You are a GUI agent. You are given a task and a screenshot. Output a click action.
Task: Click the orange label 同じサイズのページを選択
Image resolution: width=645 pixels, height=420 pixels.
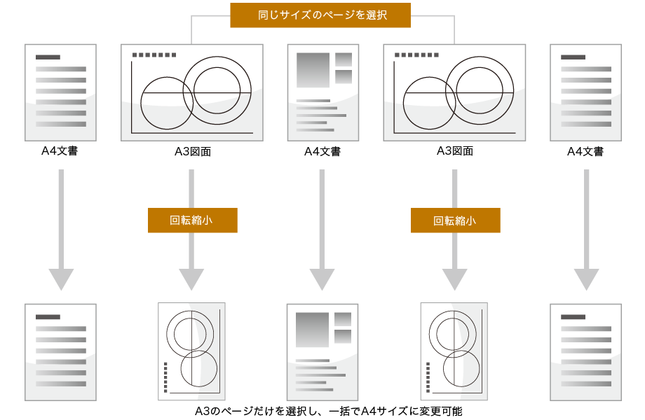[x=320, y=15]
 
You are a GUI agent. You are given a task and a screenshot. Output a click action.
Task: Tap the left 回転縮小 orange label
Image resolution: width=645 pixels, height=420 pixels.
[x=192, y=220]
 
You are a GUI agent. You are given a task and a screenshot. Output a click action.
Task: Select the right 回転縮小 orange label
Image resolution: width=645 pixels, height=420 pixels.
[x=455, y=220]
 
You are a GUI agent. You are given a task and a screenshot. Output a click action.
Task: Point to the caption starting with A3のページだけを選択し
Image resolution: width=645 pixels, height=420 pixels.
[x=328, y=412]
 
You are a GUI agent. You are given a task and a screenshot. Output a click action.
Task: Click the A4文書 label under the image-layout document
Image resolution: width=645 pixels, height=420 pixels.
[x=322, y=151]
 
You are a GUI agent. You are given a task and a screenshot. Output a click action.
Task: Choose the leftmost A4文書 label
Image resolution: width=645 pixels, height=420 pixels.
[x=60, y=150]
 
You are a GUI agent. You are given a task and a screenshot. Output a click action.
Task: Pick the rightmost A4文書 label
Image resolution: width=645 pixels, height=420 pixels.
[x=585, y=151]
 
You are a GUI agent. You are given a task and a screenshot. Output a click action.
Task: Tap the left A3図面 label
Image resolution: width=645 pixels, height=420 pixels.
[x=192, y=151]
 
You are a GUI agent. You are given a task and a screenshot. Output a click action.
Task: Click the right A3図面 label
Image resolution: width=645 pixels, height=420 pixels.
[x=455, y=150]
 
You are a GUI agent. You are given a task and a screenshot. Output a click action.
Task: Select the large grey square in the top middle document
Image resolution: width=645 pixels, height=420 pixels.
[x=313, y=70]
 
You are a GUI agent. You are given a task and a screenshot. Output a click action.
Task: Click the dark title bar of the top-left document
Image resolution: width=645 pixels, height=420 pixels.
[x=48, y=57]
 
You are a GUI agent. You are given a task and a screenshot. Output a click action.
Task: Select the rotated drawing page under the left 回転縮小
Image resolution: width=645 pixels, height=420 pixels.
[x=191, y=351]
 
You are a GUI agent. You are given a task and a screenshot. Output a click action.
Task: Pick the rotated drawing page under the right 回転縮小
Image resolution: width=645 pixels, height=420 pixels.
[x=454, y=351]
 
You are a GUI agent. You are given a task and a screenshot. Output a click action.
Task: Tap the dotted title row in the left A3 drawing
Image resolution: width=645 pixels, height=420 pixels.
[x=154, y=55]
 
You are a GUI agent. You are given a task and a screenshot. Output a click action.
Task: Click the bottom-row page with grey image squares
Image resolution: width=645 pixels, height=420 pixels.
[x=322, y=352]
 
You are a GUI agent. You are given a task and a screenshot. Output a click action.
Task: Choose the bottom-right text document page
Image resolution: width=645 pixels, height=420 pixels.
[x=585, y=352]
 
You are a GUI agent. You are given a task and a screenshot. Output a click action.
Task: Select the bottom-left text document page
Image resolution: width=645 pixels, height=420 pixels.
[x=60, y=352]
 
